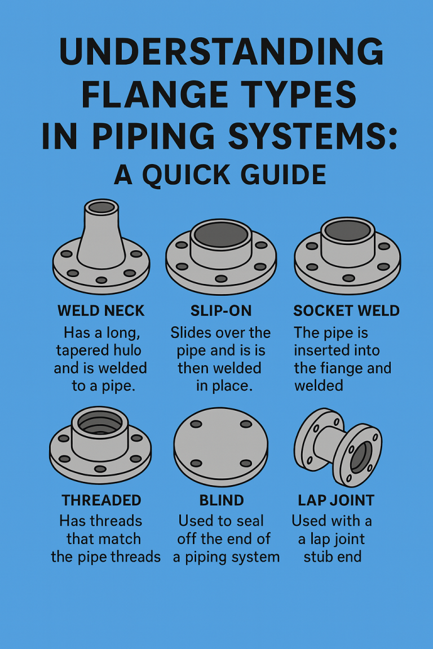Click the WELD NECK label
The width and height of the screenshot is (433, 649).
[101, 310]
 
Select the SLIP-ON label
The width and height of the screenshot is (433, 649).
[221, 310]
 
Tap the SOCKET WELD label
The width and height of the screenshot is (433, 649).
[346, 310]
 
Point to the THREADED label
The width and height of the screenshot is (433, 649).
[101, 500]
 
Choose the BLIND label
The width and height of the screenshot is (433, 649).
[221, 500]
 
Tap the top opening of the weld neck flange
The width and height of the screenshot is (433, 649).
[101, 207]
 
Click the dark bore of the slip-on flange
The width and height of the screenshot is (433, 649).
[220, 233]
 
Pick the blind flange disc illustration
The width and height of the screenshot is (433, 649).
[220, 445]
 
